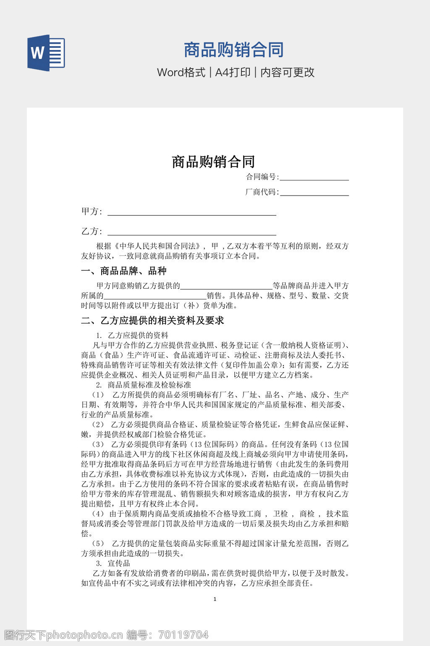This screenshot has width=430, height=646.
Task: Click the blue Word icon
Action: point(46,53)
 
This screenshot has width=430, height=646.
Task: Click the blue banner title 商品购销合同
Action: point(233,50)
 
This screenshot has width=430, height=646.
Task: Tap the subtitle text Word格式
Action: point(181,72)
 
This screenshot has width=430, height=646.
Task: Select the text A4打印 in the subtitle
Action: point(233,72)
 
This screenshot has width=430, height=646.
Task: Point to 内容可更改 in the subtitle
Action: point(288,72)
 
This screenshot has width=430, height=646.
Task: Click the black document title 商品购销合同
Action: point(213,162)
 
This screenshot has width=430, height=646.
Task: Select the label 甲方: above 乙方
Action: point(92,212)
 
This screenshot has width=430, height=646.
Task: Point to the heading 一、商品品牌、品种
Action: point(124,271)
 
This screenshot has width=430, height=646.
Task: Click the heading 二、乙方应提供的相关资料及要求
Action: point(152,321)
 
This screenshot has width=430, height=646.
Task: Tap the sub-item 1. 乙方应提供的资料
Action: point(132,335)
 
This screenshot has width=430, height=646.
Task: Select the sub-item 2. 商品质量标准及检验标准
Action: point(144,385)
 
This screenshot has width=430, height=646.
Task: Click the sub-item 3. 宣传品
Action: point(113,563)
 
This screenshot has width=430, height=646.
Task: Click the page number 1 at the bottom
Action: point(215,599)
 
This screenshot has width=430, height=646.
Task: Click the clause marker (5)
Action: point(98,544)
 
